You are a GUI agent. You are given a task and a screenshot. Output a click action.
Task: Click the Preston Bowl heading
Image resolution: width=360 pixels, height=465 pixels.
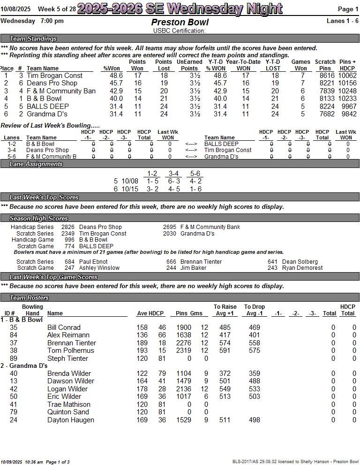pyautogui.click(x=180, y=23)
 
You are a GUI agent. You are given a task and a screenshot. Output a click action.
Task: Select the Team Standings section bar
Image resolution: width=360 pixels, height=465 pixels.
pyautogui.click(x=33, y=39)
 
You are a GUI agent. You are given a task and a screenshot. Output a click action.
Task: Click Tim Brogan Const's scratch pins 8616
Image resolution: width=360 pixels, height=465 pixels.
pyautogui.click(x=327, y=76)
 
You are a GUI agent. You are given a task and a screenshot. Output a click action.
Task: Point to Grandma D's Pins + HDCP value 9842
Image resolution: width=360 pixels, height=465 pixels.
pyautogui.click(x=347, y=114)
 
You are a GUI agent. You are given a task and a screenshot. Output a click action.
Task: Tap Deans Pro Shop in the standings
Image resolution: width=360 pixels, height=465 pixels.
pyautogui.click(x=52, y=83)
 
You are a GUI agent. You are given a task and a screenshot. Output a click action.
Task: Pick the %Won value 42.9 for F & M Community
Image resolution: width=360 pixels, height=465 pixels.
pyautogui.click(x=116, y=91)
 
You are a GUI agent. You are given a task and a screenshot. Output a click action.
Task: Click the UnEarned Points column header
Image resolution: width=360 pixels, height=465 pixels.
pyautogui.click(x=189, y=65)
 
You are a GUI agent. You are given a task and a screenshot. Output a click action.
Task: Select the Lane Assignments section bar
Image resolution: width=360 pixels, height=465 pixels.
pyautogui.click(x=36, y=164)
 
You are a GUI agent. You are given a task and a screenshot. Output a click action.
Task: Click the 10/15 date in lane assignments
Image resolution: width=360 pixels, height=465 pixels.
pyautogui.click(x=130, y=189)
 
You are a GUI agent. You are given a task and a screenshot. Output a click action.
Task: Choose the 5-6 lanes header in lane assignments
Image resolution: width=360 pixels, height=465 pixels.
pyautogui.click(x=195, y=174)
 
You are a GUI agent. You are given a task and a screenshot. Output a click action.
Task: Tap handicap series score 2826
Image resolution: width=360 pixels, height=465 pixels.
pyautogui.click(x=68, y=227)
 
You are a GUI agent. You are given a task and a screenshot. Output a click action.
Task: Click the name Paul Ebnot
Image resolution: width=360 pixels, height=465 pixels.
pyautogui.click(x=93, y=262)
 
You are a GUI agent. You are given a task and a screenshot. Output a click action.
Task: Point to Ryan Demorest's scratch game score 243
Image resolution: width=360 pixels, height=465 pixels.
pyautogui.click(x=272, y=268)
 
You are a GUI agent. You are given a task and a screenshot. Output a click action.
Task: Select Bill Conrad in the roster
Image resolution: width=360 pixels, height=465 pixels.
pyautogui.click(x=64, y=328)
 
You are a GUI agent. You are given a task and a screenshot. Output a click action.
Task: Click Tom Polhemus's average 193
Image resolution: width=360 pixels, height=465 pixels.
pyautogui.click(x=142, y=351)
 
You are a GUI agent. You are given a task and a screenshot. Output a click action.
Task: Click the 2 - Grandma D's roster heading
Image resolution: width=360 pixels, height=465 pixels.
pyautogui.click(x=24, y=366)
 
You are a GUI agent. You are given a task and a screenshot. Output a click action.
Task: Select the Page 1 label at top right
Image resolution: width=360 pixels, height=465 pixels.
pyautogui.click(x=348, y=9)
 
